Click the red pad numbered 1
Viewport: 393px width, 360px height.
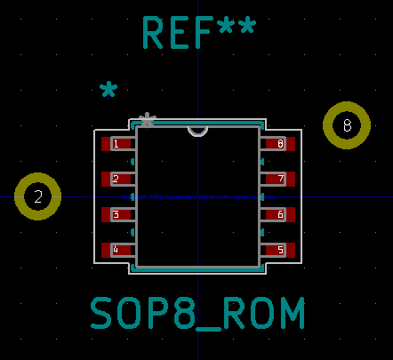[x=116, y=144]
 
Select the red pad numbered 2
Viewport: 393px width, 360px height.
[x=116, y=179]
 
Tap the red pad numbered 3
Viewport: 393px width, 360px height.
[x=116, y=214]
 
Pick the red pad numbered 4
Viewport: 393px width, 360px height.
[x=116, y=250]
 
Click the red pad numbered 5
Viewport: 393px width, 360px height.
[x=280, y=250]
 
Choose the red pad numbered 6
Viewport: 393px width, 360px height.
[x=280, y=214]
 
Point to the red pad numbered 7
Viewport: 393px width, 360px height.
[x=280, y=179]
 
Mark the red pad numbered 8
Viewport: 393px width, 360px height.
[x=280, y=144]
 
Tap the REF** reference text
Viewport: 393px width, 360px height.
[x=199, y=32]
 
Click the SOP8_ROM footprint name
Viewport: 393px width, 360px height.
[x=197, y=313]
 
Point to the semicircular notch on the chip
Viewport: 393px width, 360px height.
[x=197, y=135]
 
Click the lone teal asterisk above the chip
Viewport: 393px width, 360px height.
[x=108, y=89]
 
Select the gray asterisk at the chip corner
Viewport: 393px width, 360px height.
[x=148, y=120]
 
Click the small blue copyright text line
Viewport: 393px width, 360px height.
[x=198, y=197]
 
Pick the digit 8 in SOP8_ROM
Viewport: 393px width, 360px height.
[x=184, y=313]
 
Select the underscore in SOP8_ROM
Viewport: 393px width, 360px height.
[x=209, y=329]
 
